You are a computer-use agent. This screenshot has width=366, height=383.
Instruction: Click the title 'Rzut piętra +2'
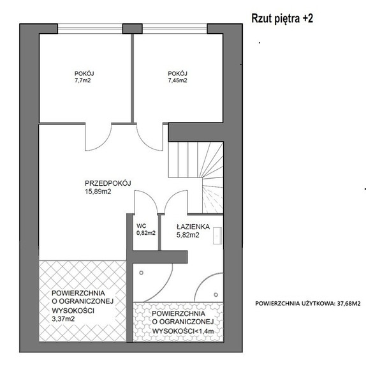tap(282, 19)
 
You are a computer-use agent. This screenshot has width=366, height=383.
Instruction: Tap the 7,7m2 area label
tap(83, 80)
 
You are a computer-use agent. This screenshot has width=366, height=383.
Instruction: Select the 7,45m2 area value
tap(177, 80)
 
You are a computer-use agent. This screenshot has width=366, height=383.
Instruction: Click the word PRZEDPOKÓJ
tap(108, 183)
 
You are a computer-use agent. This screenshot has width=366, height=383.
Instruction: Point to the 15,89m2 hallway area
tap(98, 191)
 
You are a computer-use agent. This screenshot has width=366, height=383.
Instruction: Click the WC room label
tap(142, 226)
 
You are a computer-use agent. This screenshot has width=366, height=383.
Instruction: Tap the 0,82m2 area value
tap(146, 233)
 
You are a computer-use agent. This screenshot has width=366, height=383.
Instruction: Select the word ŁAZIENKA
tap(193, 227)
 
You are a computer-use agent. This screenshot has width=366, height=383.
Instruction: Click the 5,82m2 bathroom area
tap(188, 235)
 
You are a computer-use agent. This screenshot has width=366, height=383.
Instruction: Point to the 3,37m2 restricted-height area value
tap(63, 319)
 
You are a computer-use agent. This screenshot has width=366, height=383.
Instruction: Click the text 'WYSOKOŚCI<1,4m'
tap(183, 331)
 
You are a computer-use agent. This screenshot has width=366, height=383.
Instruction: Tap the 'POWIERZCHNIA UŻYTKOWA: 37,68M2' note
tap(308, 303)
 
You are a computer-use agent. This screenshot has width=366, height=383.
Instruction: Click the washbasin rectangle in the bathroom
tap(217, 236)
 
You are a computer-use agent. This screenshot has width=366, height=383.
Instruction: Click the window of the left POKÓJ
tap(90, 29)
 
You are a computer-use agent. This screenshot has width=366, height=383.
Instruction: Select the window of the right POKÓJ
tap(175, 29)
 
